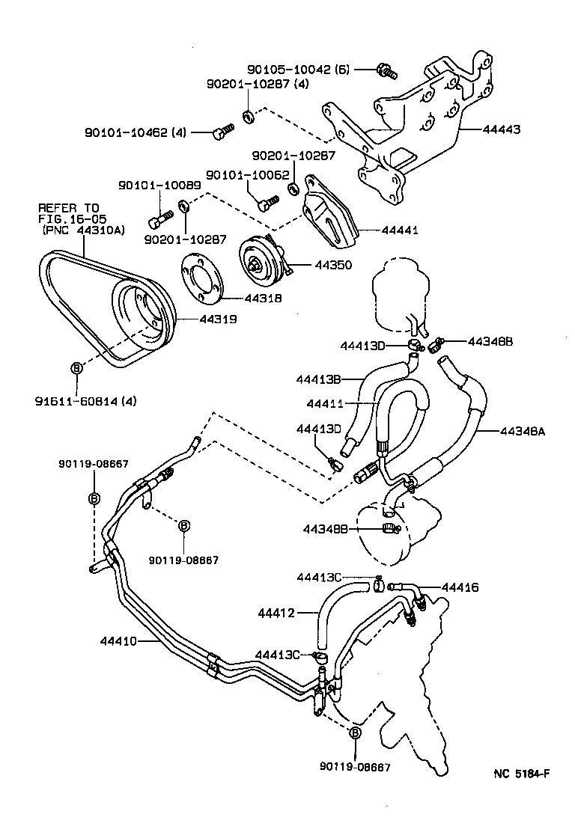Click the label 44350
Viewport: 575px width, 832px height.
click(332, 265)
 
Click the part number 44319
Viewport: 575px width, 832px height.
click(218, 319)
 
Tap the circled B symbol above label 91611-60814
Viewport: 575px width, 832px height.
click(76, 367)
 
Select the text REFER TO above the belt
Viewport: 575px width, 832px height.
click(68, 207)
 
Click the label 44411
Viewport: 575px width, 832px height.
click(325, 404)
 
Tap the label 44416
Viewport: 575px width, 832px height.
click(460, 587)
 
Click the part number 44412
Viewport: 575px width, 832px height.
click(278, 614)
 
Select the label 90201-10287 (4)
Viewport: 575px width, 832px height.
click(258, 85)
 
